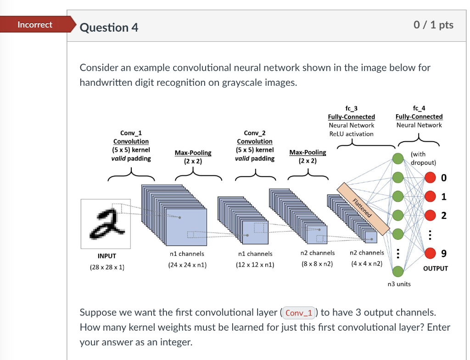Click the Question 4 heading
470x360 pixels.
(x=109, y=28)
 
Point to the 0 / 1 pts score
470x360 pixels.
(x=433, y=25)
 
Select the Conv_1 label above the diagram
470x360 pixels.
(x=131, y=133)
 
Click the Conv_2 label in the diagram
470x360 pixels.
(x=254, y=133)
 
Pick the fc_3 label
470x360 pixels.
(x=351, y=108)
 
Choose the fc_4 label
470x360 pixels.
(x=419, y=108)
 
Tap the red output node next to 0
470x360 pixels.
(x=430, y=177)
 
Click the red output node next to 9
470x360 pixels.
(x=430, y=253)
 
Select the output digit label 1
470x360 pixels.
(x=443, y=197)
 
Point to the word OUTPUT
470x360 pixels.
(x=435, y=268)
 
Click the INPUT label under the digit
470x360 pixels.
(x=107, y=256)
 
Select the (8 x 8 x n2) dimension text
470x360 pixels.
(x=317, y=264)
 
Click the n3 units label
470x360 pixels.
(x=399, y=284)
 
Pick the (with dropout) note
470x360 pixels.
(x=423, y=158)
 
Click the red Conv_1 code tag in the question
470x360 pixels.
(x=299, y=313)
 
